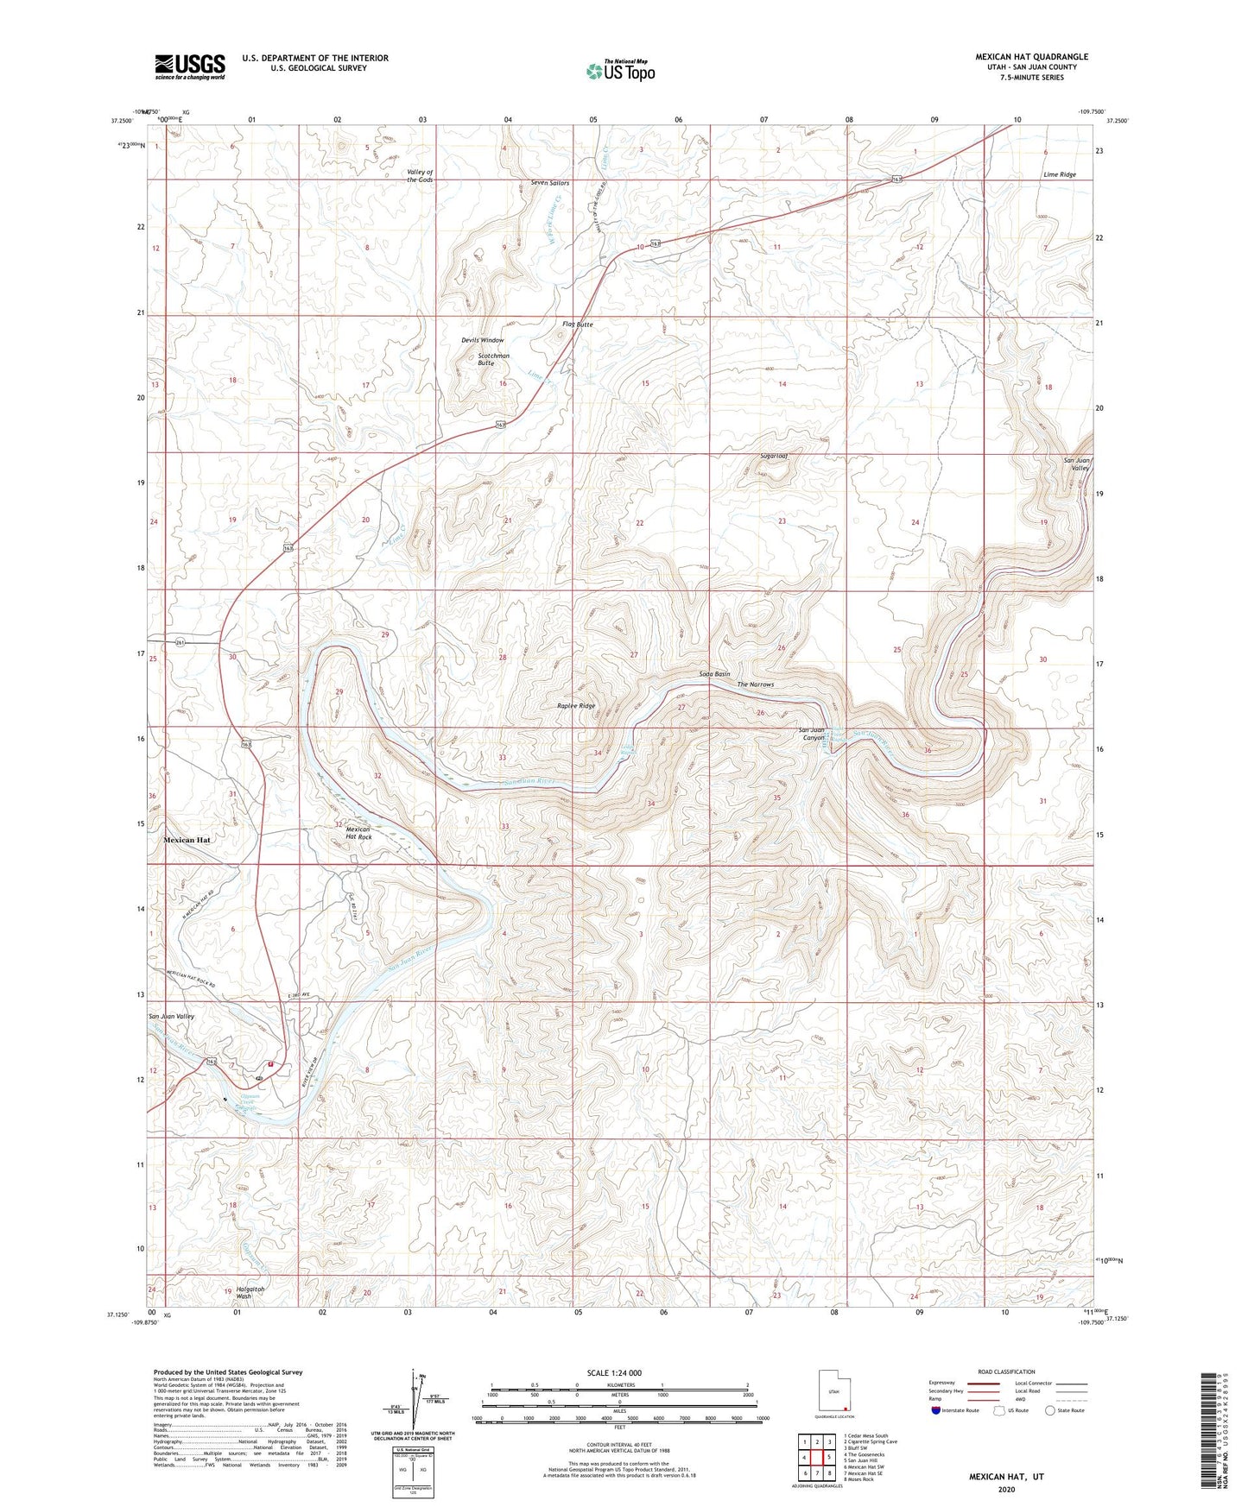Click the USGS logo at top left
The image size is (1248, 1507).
click(190, 66)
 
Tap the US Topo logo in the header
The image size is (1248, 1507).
click(620, 71)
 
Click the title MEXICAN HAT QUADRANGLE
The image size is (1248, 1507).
click(1031, 57)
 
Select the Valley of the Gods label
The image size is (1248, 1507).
click(420, 176)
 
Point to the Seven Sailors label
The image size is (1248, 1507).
click(550, 183)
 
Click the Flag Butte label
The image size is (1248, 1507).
click(578, 324)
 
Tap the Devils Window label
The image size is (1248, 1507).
click(482, 340)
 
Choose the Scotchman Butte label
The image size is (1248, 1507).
click(493, 359)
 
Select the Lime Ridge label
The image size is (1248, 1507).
click(1059, 174)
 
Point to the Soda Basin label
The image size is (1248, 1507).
click(714, 674)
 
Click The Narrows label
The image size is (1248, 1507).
click(755, 684)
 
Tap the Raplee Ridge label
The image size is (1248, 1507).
click(575, 706)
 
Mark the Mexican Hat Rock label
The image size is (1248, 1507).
click(358, 832)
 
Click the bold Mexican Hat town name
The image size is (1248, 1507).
click(187, 840)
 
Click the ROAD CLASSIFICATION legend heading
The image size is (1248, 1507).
click(1006, 1371)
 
